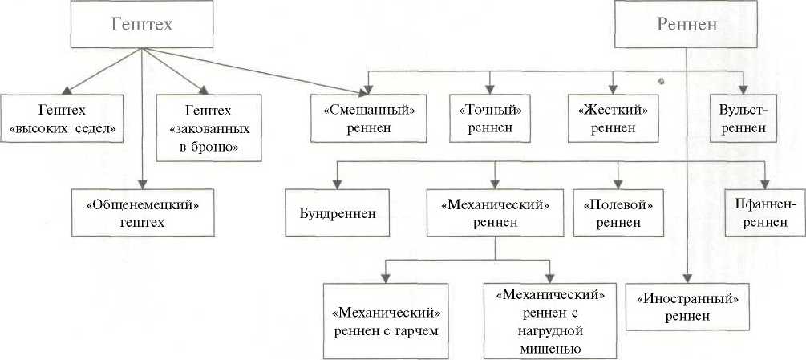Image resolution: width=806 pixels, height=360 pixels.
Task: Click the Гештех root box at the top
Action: click(141, 25)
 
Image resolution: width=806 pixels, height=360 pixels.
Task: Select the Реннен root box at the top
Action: click(686, 25)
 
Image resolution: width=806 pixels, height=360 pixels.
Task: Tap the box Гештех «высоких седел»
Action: click(62, 118)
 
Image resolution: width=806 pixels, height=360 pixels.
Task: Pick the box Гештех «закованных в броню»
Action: click(209, 127)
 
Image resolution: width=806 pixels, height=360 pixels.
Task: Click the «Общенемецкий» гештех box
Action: click(143, 212)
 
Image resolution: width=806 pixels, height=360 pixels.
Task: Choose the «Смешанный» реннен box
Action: click(369, 118)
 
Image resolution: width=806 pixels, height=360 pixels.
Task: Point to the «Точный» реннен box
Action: click(490, 118)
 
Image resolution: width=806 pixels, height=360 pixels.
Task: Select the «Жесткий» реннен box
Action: click(614, 118)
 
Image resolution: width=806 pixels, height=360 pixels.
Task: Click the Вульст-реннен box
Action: click(744, 118)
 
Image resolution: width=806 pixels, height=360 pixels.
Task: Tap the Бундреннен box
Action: click(337, 212)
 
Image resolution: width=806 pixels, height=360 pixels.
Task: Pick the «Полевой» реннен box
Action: click(618, 212)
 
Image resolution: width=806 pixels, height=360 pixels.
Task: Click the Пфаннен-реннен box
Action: click(765, 212)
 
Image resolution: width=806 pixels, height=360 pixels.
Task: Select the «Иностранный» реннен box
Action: click(688, 306)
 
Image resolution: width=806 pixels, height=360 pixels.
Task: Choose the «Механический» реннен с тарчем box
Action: click(386, 321)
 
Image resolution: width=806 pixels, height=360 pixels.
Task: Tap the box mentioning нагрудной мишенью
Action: click(550, 321)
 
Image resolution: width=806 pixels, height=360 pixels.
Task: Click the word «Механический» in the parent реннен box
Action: click(495, 205)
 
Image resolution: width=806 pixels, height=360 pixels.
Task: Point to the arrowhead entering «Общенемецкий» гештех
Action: click(143, 185)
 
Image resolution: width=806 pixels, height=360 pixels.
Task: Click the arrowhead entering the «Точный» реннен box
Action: click(490, 91)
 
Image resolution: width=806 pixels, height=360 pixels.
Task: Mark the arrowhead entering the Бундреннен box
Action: click(337, 185)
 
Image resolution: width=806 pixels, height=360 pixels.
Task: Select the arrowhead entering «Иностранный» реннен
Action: click(687, 279)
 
